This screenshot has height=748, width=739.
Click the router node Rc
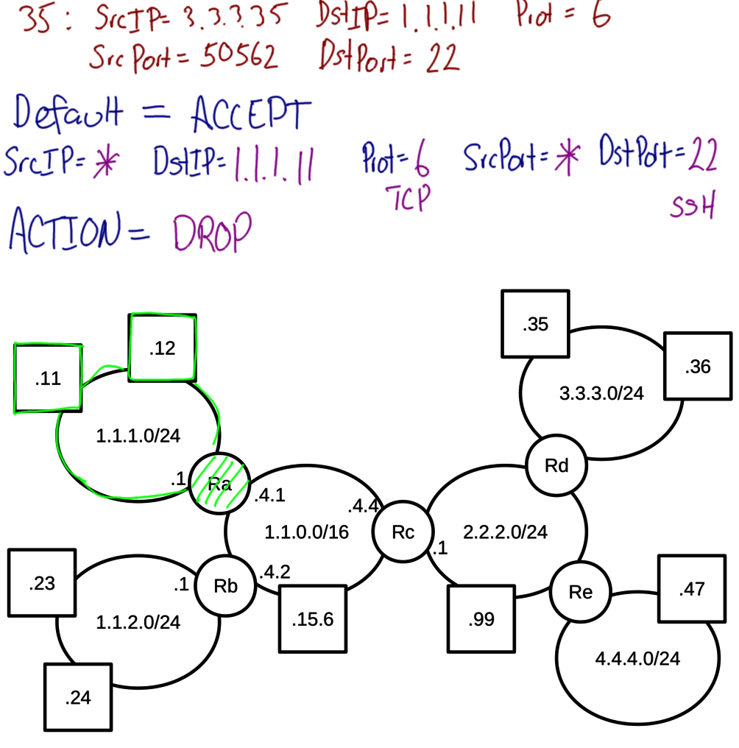pos(403,533)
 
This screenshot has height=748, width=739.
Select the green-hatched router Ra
pos(220,483)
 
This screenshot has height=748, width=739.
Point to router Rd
pos(556,465)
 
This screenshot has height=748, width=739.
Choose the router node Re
pos(581,592)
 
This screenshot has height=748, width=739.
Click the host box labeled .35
pos(536,325)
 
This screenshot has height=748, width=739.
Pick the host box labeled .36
pos(696,367)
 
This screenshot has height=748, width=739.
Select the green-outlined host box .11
pos(49,378)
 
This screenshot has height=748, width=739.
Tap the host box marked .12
pos(162,348)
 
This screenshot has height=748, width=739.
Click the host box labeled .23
pos(42,583)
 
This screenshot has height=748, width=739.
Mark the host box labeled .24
pos(78,697)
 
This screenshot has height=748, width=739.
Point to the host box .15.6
pos(312,618)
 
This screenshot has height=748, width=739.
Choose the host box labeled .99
pos(481,619)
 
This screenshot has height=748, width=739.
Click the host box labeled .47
pos(691,590)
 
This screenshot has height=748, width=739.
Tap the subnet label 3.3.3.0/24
pos(601,393)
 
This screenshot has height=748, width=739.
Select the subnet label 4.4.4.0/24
pos(637,658)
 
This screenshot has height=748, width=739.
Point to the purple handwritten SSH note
pos(692,208)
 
